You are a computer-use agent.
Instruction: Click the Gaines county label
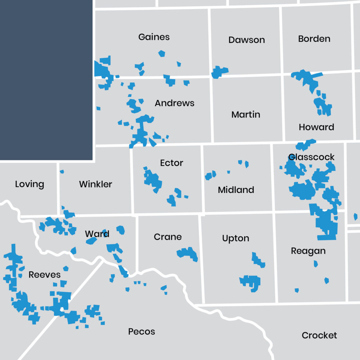point(154,37)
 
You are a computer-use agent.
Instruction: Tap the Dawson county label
point(246,40)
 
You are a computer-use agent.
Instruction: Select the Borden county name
point(314,39)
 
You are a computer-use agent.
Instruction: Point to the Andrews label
point(174,103)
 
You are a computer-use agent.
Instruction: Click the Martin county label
point(246,115)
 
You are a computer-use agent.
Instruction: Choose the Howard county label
point(316,127)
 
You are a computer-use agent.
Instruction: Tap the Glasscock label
point(312,157)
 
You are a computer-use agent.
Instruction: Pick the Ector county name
point(172,163)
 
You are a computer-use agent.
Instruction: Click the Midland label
point(236,190)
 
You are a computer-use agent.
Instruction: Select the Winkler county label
point(96,184)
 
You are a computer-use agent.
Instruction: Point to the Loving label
point(29,184)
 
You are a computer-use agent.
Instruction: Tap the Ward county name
point(97,234)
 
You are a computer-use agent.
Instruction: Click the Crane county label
point(168,237)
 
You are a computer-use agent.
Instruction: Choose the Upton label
point(235,239)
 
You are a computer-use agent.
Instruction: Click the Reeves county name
point(44,275)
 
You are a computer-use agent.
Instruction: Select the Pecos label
point(141,332)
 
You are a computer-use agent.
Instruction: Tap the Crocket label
point(319,335)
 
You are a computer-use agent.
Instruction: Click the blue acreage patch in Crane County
point(188,253)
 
